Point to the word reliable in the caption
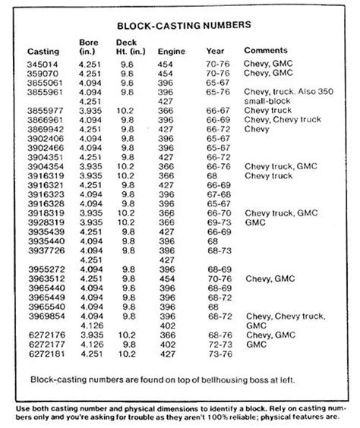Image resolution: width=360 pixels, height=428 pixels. pos(256,416)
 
